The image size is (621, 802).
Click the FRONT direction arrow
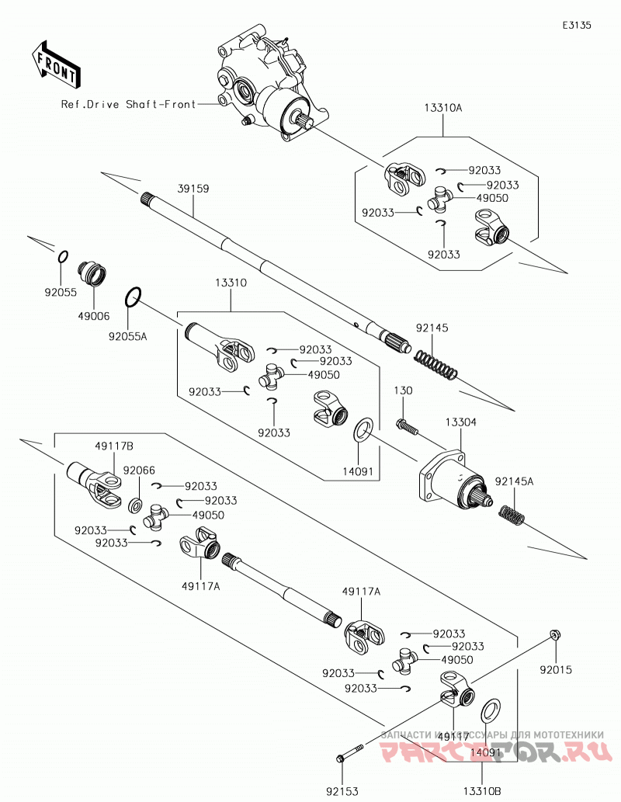coord(55,64)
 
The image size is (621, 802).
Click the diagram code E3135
coord(577,25)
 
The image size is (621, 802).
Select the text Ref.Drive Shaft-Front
coord(128,104)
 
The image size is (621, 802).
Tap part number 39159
coord(193,189)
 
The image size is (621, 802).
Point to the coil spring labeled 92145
coord(435,366)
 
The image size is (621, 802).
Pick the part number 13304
coord(461,422)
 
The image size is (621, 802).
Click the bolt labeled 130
coord(408,425)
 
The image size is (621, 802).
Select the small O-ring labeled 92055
coord(61,256)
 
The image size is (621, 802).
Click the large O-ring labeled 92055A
coord(133,297)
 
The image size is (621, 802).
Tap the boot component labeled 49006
coord(92,274)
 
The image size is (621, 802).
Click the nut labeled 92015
coord(554,635)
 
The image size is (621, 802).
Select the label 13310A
coord(443,108)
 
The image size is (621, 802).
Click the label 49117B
coord(114,446)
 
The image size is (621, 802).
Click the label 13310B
coord(482,791)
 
